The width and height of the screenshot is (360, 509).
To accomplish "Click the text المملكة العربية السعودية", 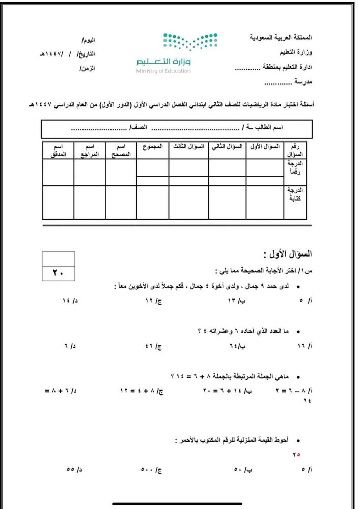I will pyautogui.click(x=283, y=39).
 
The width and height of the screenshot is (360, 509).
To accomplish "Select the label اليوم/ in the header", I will pyautogui.click(x=88, y=39).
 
